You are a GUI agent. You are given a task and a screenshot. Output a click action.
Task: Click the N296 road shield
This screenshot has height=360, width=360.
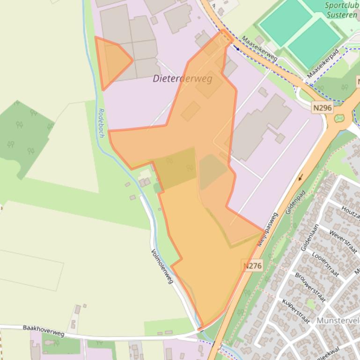point(323,108)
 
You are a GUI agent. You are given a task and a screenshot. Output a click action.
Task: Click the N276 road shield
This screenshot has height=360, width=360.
point(252,266)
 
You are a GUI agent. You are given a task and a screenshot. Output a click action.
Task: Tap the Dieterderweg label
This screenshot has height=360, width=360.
point(182,79)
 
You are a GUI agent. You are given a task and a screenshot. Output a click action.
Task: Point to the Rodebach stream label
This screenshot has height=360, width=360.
point(101,123)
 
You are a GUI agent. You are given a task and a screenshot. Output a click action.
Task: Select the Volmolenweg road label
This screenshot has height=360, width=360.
point(162,266)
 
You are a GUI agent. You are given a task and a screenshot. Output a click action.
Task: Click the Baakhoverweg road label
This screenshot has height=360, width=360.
point(43,331)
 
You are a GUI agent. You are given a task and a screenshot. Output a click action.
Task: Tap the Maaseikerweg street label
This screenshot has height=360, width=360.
point(259,49)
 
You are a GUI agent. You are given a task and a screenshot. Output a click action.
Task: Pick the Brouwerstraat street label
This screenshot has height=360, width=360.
point(309,288)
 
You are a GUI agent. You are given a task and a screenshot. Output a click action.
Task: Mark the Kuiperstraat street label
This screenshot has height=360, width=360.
point(296,310)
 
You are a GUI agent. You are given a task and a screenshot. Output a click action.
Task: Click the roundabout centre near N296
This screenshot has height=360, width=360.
point(339,118)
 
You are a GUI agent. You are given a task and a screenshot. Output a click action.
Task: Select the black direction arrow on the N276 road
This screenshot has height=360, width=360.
point(300,177)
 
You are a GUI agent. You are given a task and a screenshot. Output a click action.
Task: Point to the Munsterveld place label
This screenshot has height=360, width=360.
point(338,321)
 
